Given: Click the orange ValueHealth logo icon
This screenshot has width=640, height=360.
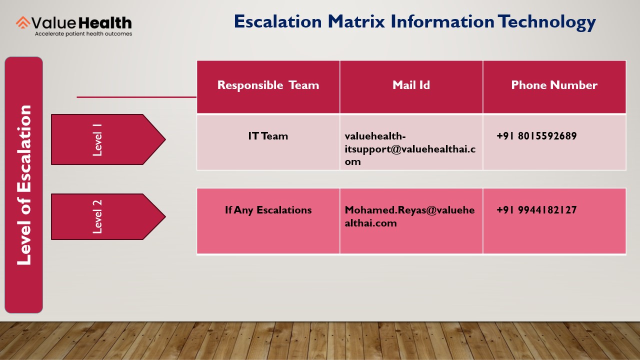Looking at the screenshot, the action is click(23, 22).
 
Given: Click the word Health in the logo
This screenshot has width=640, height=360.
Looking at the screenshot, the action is click(105, 23).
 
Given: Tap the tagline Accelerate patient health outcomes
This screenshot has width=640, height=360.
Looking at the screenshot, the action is click(83, 34).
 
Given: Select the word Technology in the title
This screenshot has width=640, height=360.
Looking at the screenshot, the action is click(546, 22).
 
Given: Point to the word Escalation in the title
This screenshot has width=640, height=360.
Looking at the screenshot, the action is click(277, 21).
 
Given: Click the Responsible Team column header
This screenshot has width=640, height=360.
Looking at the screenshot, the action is click(268, 85).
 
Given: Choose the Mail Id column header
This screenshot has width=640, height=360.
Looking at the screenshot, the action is click(411, 85).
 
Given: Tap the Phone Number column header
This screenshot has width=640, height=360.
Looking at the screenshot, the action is click(554, 85).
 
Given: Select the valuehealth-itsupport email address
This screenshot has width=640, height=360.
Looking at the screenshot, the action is click(410, 149).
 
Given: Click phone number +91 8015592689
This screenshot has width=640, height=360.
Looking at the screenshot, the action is click(536, 136).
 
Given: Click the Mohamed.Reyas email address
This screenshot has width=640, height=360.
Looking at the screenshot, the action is click(409, 216).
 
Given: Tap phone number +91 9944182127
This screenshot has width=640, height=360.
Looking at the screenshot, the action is click(536, 210).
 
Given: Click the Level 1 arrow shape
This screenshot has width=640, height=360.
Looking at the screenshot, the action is click(108, 139).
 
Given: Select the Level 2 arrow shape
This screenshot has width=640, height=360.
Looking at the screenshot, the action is click(108, 216).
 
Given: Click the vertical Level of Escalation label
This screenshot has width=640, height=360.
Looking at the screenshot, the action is click(23, 185).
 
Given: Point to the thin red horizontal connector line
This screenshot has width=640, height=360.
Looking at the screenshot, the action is click(136, 97).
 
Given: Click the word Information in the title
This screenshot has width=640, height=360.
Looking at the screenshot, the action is click(442, 21).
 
